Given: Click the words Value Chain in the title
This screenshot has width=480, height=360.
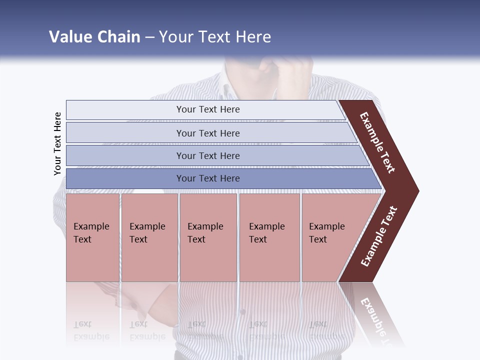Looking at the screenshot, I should tap(94, 37).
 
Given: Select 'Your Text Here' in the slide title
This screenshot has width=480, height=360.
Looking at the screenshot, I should tap(215, 37).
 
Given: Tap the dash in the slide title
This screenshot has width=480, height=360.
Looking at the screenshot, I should tap(149, 37).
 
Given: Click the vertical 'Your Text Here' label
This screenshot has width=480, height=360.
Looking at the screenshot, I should tap(57, 144).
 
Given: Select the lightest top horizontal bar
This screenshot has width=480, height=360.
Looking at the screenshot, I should tap(207, 109).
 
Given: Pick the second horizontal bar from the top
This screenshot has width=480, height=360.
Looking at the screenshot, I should tap(207, 133).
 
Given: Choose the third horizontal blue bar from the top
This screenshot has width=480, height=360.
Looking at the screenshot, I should tap(207, 155).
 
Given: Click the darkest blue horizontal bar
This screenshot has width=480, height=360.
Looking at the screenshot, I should tap(207, 178).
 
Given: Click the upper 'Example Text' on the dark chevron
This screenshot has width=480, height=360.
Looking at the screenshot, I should tap(378, 142).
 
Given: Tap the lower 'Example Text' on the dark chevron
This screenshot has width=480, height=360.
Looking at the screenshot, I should tap(379, 236).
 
